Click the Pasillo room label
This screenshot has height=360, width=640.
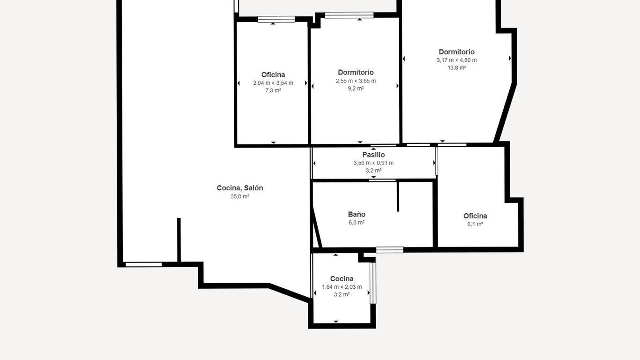click(x=373, y=155)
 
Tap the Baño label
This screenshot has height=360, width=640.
click(x=357, y=214)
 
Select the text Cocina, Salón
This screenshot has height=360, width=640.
click(x=240, y=188)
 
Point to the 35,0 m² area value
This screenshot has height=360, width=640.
click(x=240, y=196)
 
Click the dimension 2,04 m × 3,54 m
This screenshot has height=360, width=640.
click(x=273, y=83)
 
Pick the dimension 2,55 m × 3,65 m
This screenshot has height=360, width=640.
click(x=356, y=81)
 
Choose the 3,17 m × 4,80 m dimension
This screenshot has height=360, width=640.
click(x=456, y=60)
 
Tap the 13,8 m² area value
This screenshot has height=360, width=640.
click(x=456, y=68)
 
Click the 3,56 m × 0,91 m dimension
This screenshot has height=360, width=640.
click(x=373, y=163)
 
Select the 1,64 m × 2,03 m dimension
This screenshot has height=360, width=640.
click(x=342, y=287)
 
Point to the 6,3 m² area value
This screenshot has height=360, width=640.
click(x=357, y=223)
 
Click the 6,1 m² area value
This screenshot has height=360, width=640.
click(x=475, y=224)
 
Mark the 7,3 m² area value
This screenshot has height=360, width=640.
click(x=273, y=90)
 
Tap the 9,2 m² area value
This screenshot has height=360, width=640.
click(x=356, y=89)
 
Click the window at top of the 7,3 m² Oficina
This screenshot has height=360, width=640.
click(x=276, y=19)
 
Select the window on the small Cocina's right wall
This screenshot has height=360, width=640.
click(x=373, y=283)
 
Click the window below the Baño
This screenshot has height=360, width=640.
click(x=390, y=250)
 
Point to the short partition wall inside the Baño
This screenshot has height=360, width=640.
click(x=398, y=196)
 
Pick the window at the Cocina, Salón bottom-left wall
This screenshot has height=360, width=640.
click(x=144, y=264)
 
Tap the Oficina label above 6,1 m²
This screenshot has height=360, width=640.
click(x=475, y=216)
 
